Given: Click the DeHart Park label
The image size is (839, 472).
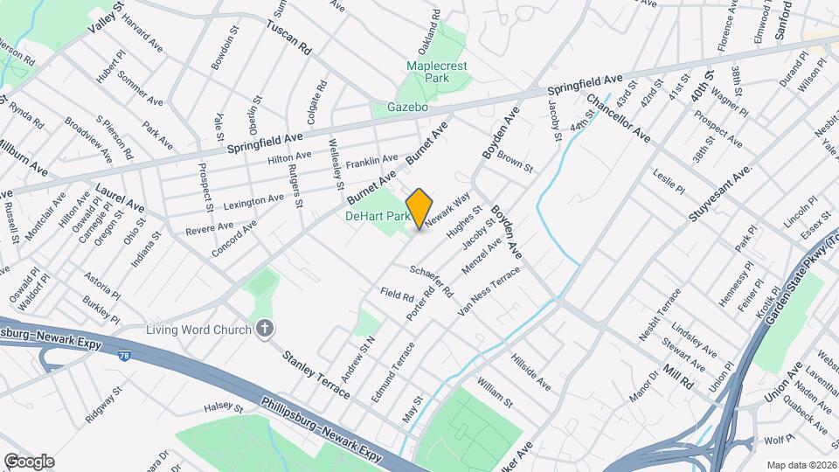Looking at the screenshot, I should click(x=378, y=215).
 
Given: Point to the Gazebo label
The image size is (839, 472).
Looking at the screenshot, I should click(x=407, y=108).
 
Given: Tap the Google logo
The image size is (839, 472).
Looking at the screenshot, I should click(x=29, y=462).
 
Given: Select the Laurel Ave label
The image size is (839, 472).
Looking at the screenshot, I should click(x=121, y=198).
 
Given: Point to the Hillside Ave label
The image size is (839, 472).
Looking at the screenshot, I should click(x=530, y=371).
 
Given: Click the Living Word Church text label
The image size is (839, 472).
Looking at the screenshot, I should click(x=198, y=330).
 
